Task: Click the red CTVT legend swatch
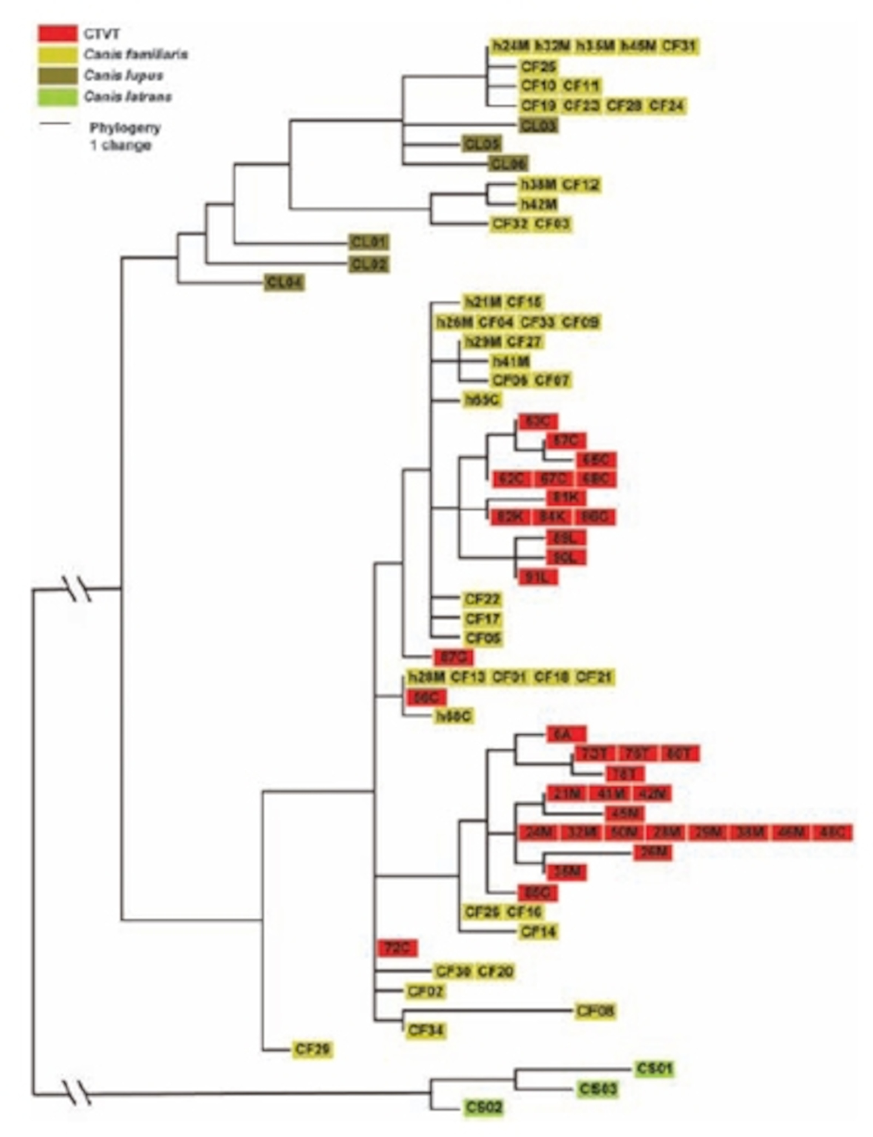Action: pyautogui.click(x=57, y=34)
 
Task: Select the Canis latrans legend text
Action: pyautogui.click(x=128, y=97)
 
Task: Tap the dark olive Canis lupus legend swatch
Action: pyautogui.click(x=57, y=76)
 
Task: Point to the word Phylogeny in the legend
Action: pyautogui.click(x=125, y=128)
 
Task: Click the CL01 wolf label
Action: pyautogui.click(x=369, y=242)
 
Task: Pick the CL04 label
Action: pyautogui.click(x=284, y=283)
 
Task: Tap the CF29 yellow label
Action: pyautogui.click(x=312, y=1049)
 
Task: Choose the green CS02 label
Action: pyautogui.click(x=484, y=1107)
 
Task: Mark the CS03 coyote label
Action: pyautogui.click(x=598, y=1088)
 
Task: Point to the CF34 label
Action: pyautogui.click(x=426, y=1030)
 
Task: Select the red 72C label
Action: pyautogui.click(x=397, y=948)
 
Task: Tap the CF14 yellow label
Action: pyautogui.click(x=538, y=931)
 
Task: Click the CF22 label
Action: pyautogui.click(x=482, y=600)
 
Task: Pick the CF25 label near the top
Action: pyautogui.click(x=538, y=67)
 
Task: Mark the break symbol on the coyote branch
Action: pyautogui.click(x=77, y=1093)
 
